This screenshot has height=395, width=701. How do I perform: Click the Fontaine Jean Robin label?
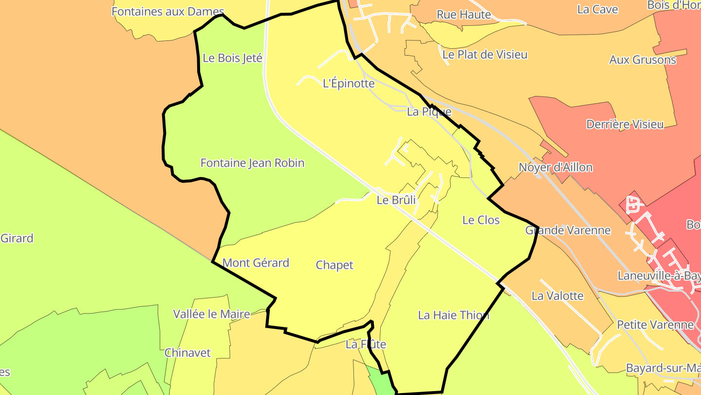tap(252, 163)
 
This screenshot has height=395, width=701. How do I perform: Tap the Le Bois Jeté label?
tap(232, 58)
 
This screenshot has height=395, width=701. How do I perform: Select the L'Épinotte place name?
tap(349, 83)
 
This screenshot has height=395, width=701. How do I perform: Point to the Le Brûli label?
tap(396, 200)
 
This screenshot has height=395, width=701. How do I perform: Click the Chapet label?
tap(334, 265)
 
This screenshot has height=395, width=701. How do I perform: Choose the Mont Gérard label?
tap(256, 263)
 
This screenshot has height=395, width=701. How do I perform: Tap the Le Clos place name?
tap(481, 220)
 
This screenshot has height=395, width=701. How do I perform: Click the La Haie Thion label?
tap(453, 315)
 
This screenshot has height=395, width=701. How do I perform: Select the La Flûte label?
tap(366, 344)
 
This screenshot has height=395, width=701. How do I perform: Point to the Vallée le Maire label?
tap(212, 314)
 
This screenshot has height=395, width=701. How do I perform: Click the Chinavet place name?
tap(187, 353)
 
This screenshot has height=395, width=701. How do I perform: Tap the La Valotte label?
tap(557, 296)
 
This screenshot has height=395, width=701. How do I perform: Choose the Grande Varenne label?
tap(568, 230)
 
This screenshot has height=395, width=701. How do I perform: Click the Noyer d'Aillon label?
tap(555, 168)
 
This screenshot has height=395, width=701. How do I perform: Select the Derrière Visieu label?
tap(625, 124)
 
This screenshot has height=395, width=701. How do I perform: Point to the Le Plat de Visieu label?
tap(484, 54)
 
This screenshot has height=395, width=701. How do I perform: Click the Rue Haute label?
tap(463, 15)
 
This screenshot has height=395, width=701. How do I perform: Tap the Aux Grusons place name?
tap(643, 60)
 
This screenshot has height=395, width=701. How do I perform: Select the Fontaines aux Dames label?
tap(168, 12)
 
